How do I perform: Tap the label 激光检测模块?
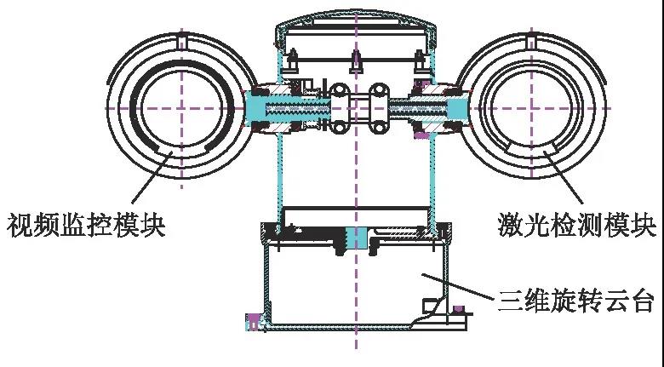tap(576, 226)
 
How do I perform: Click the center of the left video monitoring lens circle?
tap(181, 108)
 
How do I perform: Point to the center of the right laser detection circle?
tap(531, 108)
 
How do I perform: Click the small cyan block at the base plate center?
tap(355, 237)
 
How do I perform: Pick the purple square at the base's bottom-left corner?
tap(252, 321)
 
